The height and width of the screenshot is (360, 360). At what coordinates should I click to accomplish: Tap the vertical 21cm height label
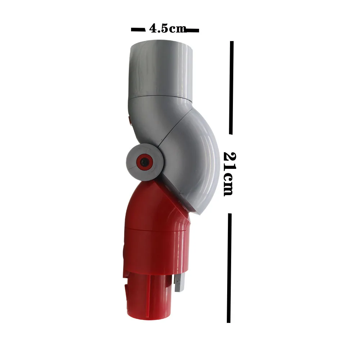click(x=229, y=174)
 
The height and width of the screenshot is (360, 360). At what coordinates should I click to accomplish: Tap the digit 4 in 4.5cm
click(x=153, y=29)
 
